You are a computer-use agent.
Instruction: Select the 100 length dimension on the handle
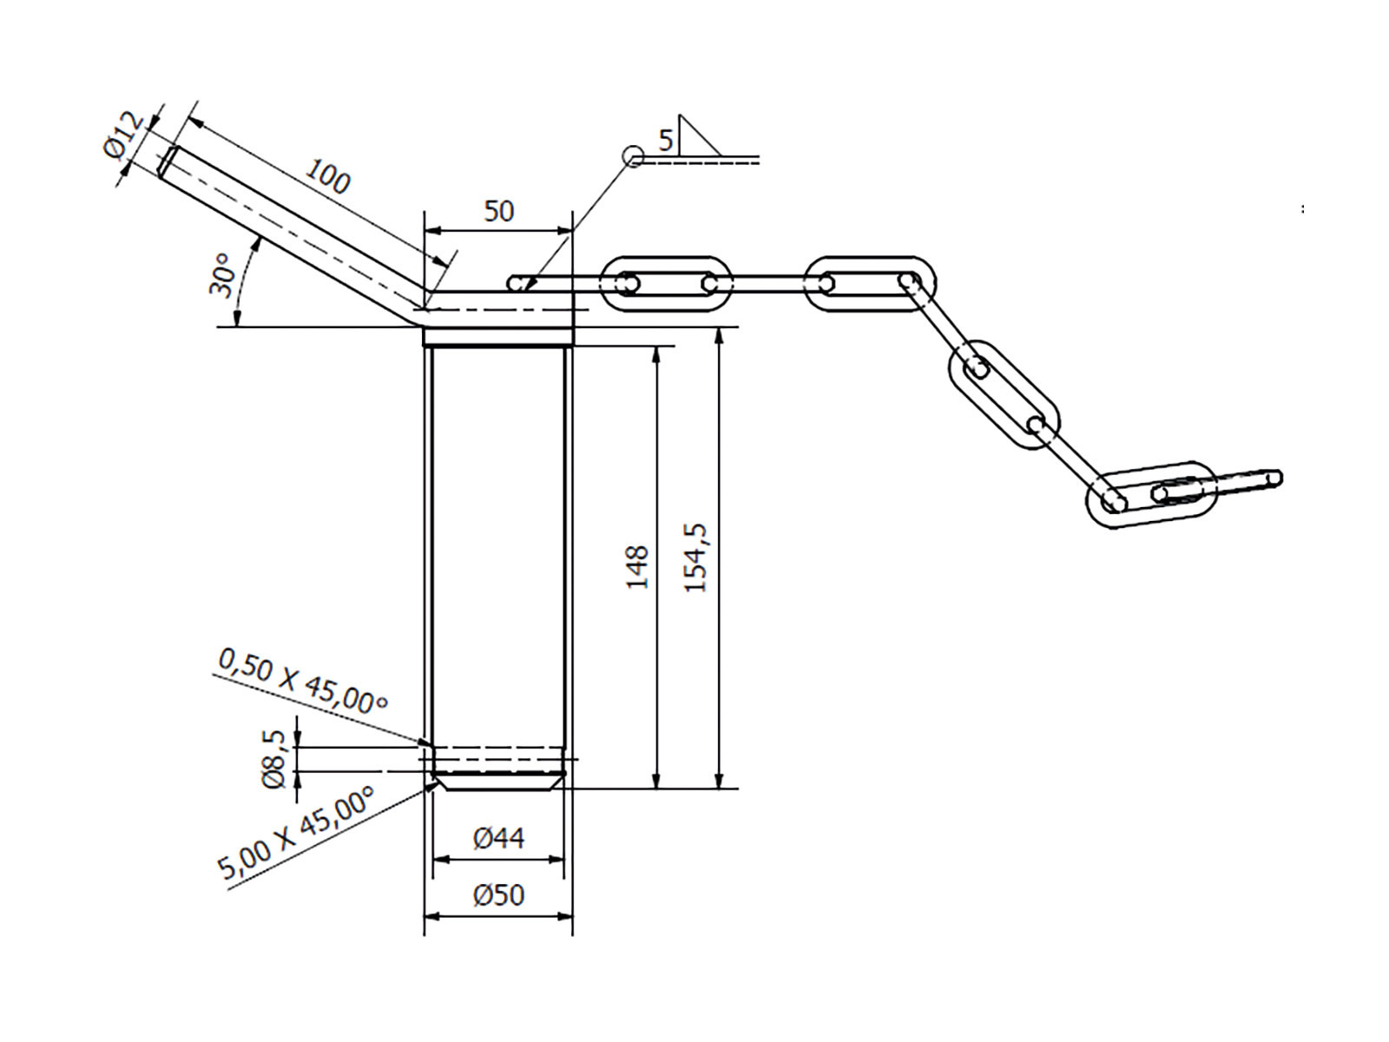pyautogui.click(x=327, y=177)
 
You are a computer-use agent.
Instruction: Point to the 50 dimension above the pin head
pyautogui.click(x=498, y=211)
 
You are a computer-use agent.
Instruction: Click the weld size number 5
pyautogui.click(x=666, y=140)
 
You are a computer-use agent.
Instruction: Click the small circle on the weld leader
pyautogui.click(x=633, y=156)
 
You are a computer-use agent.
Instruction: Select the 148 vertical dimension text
pyautogui.click(x=637, y=567)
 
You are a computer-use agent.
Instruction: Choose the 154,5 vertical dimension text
pyautogui.click(x=696, y=557)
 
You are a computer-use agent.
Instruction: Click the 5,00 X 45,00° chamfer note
pyautogui.click(x=295, y=834)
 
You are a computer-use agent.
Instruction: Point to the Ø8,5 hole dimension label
pyautogui.click(x=273, y=759)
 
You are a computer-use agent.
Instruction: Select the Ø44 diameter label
pyautogui.click(x=498, y=838)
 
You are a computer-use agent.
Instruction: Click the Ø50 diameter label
pyautogui.click(x=498, y=895)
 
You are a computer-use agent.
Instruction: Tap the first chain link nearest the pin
pyautogui.click(x=667, y=283)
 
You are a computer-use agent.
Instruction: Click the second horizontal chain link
pyautogui.click(x=870, y=283)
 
